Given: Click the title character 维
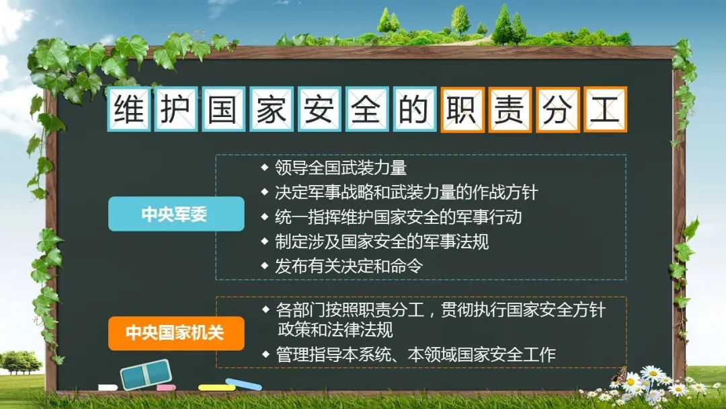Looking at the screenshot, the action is tap(128, 110).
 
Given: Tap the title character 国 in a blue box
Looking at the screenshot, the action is tap(224, 110).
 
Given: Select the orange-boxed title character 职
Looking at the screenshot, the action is tap(462, 110).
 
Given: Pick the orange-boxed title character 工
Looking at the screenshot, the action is tap(605, 110).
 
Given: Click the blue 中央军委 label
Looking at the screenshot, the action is tap(176, 214).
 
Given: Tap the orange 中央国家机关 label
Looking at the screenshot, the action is tap(176, 333).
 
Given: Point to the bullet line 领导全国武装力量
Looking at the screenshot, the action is tap(341, 168).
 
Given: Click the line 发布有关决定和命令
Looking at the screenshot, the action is tap(349, 266).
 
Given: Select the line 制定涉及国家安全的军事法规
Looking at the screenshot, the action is tap(382, 241).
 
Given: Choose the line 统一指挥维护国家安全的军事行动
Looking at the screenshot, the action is tap(398, 217).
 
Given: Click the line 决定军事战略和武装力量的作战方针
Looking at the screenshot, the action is tap(407, 192).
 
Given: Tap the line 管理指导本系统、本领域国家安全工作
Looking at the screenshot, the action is tap(416, 355).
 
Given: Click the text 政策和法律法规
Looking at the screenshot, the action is tap(335, 330).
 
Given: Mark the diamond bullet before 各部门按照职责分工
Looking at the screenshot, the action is tap(266, 309).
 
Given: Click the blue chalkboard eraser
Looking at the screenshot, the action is tap(146, 374).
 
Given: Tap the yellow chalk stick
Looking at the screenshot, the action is tap(216, 387).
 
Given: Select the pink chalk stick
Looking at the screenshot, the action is tap(166, 387).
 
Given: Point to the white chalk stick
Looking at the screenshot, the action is tap(108, 387).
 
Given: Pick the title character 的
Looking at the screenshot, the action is tap(414, 110).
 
